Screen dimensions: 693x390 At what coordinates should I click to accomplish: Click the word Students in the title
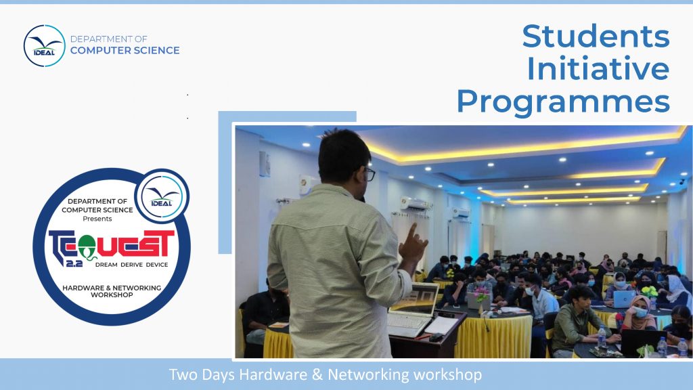point(596,36)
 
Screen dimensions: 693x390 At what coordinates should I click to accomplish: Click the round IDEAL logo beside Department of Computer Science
point(44,46)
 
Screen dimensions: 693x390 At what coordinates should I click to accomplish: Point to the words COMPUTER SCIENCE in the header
point(125,50)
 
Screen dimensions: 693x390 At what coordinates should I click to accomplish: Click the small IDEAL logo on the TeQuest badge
point(162,196)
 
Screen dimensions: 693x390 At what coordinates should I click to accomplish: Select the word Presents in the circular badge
point(97,219)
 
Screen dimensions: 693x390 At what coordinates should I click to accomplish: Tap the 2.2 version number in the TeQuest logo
point(74,263)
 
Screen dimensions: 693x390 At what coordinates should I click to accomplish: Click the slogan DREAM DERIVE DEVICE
point(132,265)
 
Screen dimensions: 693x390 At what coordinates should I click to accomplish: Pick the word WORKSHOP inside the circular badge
point(112,295)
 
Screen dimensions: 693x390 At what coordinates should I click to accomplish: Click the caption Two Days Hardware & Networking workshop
point(326,374)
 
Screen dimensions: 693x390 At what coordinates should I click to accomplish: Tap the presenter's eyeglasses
point(370,174)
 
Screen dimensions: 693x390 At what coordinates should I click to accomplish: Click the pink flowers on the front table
point(481,294)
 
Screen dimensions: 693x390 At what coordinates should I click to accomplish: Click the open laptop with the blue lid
point(623,299)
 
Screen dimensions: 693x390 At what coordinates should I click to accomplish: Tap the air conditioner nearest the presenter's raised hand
point(415,203)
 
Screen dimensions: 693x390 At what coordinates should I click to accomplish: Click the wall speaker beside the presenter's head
point(265,164)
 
